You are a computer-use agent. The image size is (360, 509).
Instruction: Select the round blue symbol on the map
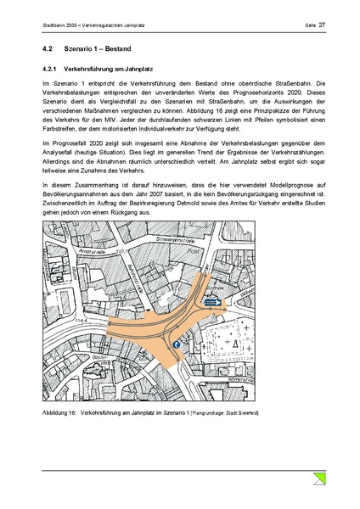pyautogui.click(x=177, y=344)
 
